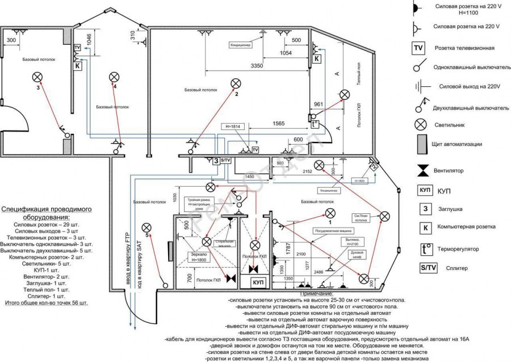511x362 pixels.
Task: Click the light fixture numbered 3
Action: click(38, 77)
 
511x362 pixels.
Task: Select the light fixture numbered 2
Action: click(236, 84)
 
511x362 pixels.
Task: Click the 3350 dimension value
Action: click(257, 66)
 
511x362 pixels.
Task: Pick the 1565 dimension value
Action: click(278, 123)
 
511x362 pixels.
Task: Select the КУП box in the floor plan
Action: click(258, 282)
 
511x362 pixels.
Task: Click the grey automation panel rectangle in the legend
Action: click(422, 144)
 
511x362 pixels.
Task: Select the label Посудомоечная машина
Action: click(334, 231)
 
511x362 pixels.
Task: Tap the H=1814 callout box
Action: click(233, 126)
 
